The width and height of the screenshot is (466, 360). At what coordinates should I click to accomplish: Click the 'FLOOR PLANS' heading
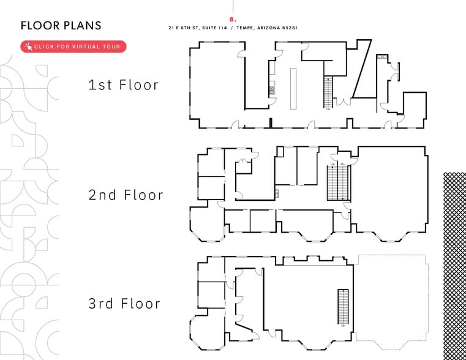[61, 25]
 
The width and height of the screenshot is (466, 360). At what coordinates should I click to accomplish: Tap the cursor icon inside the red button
[28, 47]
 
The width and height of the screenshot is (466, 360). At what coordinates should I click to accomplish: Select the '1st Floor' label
[124, 84]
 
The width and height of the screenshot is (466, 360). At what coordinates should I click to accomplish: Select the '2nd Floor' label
[126, 195]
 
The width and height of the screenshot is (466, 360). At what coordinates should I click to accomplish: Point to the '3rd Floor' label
[124, 303]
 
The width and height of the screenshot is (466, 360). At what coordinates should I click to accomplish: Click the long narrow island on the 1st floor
[293, 89]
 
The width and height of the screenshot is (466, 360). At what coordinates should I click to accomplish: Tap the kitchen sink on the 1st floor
[271, 91]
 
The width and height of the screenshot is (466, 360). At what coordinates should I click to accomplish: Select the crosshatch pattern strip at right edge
[454, 263]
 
